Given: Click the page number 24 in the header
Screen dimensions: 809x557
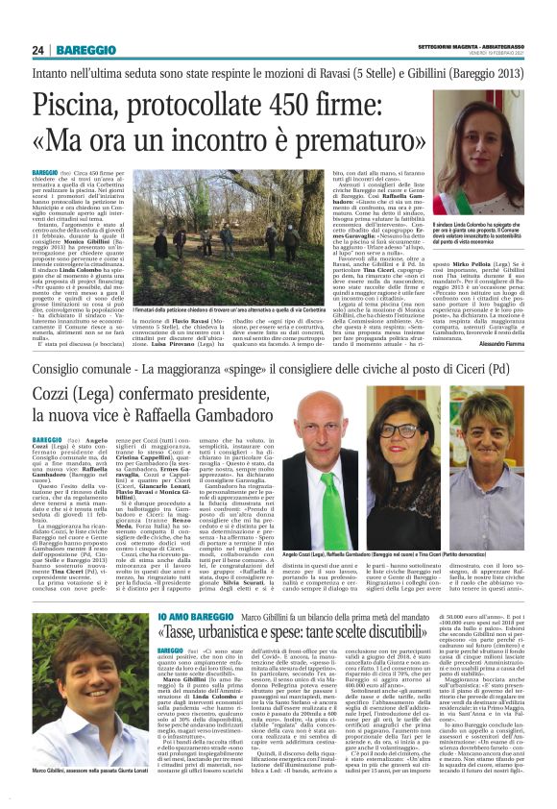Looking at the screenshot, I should pyautogui.click(x=39, y=51).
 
